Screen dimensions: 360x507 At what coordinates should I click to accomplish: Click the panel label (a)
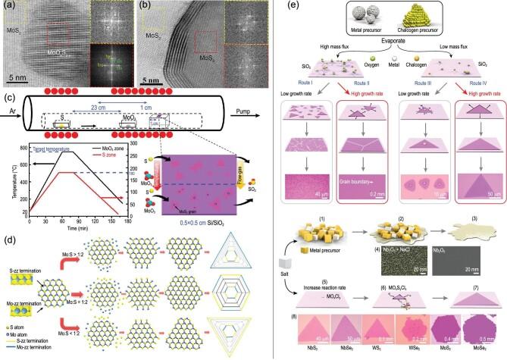9,8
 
